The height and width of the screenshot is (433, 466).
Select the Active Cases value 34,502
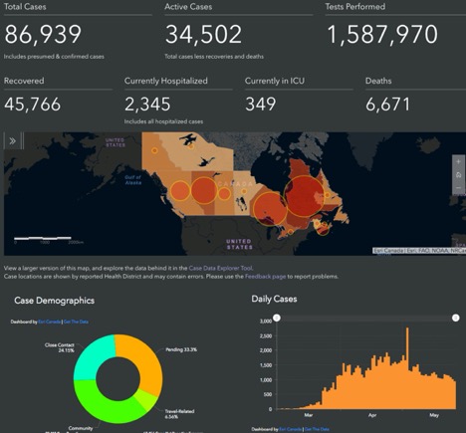pyautogui.click(x=203, y=35)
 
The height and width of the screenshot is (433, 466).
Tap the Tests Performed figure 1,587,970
pyautogui.click(x=381, y=35)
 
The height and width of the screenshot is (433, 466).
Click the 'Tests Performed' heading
pyautogui.click(x=355, y=7)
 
